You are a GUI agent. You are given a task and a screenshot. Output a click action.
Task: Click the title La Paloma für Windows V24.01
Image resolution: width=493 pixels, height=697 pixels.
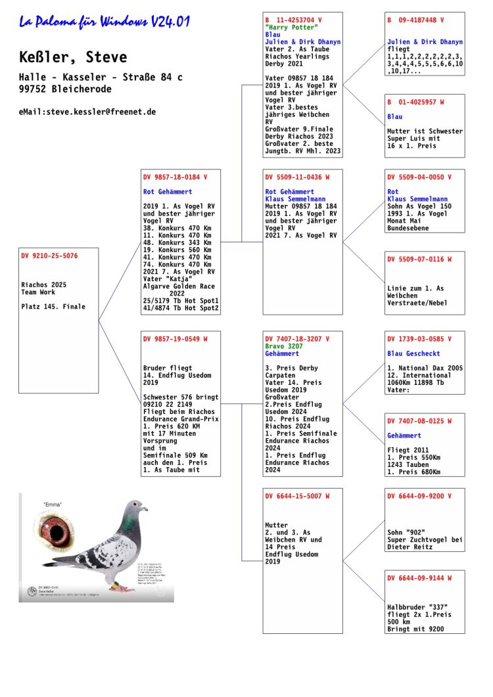[105, 22]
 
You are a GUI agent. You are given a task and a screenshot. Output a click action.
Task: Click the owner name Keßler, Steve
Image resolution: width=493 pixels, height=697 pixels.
[73, 57]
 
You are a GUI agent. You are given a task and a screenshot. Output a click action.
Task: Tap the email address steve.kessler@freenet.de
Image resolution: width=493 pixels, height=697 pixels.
[87, 112]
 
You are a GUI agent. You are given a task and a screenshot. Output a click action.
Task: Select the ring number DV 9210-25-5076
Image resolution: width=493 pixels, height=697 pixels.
[49, 256]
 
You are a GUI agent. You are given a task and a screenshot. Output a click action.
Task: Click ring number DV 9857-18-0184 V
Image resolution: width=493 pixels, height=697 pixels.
[175, 177]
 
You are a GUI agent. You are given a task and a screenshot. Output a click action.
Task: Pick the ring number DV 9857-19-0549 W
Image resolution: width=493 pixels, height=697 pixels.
[175, 339]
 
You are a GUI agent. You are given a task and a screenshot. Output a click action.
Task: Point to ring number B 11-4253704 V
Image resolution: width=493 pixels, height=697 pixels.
[293, 20]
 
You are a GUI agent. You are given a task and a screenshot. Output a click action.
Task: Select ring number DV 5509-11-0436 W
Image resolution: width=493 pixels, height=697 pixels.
[297, 177]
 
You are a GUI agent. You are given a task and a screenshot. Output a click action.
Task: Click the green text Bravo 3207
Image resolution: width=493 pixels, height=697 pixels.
[284, 346]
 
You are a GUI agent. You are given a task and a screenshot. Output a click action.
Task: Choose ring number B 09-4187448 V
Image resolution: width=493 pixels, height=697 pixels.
[415, 20]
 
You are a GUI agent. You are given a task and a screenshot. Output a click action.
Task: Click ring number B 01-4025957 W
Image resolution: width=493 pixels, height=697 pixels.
[415, 102]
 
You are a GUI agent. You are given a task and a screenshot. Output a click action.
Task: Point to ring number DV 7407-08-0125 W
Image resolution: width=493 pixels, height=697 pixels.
[419, 421]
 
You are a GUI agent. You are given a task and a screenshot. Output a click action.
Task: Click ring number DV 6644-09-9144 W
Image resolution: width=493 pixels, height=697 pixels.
[419, 578]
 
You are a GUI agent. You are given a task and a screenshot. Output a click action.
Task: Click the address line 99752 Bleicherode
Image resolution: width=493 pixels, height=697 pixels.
[66, 89]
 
